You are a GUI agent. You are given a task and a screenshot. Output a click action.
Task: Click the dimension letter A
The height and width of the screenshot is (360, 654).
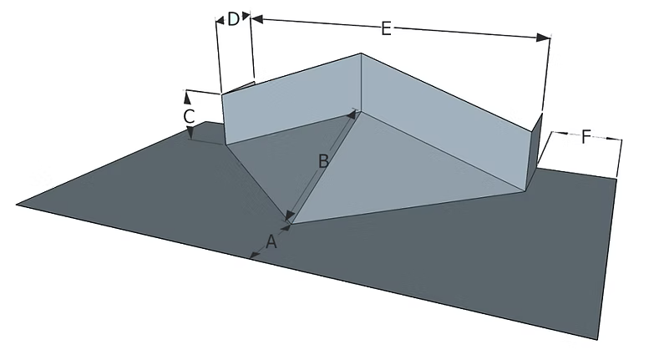(x=271, y=241)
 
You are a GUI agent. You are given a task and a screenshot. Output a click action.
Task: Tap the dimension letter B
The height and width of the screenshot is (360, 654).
(x=323, y=161)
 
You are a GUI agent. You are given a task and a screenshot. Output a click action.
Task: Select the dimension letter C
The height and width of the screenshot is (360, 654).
(x=189, y=116)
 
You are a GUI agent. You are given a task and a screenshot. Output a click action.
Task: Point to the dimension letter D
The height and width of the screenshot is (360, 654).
(x=233, y=19)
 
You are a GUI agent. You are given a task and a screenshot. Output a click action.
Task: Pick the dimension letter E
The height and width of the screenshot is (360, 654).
(x=386, y=29)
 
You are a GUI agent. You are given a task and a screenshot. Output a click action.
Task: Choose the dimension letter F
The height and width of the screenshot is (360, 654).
(x=586, y=137)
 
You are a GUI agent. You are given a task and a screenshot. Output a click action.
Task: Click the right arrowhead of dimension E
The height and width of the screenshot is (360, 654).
(x=544, y=38)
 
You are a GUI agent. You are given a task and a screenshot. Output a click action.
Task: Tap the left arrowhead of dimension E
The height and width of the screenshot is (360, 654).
(x=257, y=18)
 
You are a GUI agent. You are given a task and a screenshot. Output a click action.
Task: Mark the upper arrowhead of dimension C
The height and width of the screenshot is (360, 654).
(x=187, y=98)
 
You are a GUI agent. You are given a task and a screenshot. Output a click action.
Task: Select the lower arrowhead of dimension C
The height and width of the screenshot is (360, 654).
(x=190, y=134)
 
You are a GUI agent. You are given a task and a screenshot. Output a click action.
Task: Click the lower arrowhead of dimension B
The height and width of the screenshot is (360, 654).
(x=289, y=215)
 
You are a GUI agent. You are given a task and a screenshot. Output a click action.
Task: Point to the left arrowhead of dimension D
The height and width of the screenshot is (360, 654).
(x=221, y=19)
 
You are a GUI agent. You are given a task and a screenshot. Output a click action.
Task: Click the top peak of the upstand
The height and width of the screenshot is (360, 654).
(x=361, y=53)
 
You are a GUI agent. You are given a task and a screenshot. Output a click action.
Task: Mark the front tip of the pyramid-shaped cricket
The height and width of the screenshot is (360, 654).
(x=291, y=224)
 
